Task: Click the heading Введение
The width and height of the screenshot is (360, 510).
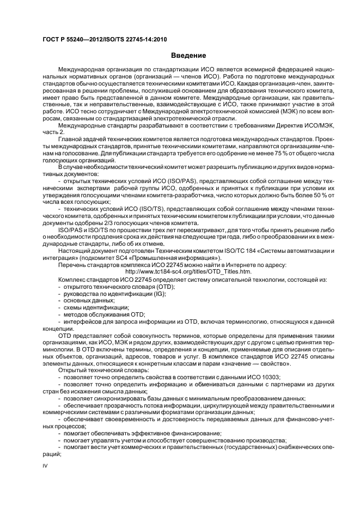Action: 188,55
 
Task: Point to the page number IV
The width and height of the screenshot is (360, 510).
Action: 46,465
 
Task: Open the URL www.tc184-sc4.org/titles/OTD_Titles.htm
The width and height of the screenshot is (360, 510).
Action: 188,271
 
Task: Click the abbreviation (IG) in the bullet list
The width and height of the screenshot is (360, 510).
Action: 145,293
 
